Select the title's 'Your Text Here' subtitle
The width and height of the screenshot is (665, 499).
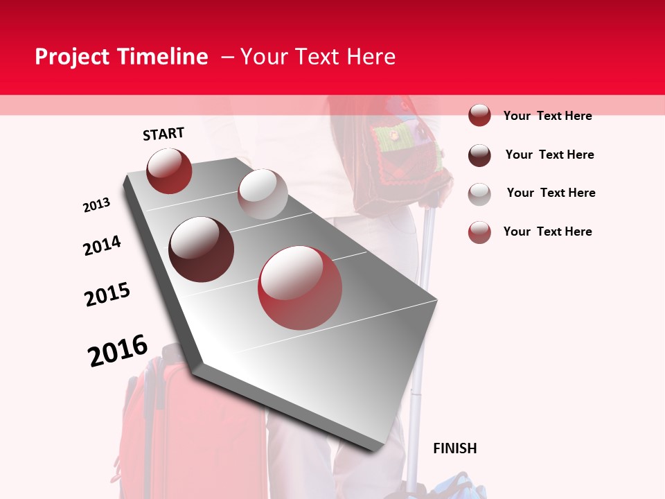[317, 57]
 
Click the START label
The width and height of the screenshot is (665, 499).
[163, 134]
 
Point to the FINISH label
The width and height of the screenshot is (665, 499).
[455, 448]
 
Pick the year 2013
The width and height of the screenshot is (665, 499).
[97, 205]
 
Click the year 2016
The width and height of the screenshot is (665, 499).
[118, 351]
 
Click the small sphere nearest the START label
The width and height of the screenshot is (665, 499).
[169, 170]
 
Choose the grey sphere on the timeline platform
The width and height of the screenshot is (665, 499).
[263, 194]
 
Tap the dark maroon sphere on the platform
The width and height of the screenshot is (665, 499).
[202, 249]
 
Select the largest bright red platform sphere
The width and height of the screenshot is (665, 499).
[301, 287]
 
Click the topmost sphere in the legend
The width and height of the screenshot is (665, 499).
[479, 115]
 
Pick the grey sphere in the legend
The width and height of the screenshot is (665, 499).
[479, 193]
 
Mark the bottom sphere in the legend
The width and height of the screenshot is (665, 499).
[479, 232]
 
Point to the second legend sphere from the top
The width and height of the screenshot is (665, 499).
[479, 155]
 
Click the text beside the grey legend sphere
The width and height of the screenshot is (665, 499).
[551, 193]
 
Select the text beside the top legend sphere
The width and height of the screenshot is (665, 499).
[547, 116]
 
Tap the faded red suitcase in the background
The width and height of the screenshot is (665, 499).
[187, 430]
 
